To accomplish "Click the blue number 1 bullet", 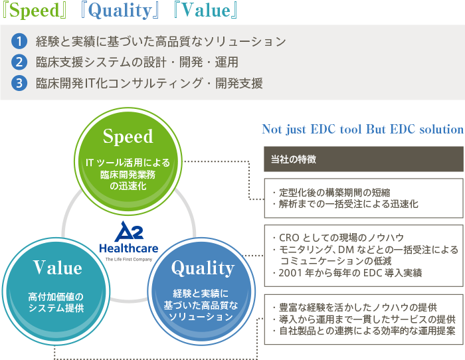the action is click(x=19, y=41).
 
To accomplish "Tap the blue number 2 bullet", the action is click(x=19, y=62).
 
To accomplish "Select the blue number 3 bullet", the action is click(x=19, y=83).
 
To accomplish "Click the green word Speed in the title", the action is click(x=35, y=11).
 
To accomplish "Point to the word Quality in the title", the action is click(x=120, y=11).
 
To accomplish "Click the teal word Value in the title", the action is click(x=206, y=10).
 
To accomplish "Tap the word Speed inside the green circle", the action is click(x=128, y=137).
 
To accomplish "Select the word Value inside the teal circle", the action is click(x=58, y=268).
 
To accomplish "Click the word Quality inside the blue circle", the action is click(x=203, y=268).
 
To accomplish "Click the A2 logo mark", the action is click(x=129, y=231).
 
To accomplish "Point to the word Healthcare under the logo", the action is click(x=129, y=248).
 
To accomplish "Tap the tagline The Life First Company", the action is click(x=129, y=260).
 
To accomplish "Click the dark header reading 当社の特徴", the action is click(x=363, y=159).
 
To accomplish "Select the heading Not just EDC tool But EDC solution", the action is click(x=363, y=130).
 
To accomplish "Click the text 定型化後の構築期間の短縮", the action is click(x=335, y=193).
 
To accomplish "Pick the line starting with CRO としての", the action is click(x=341, y=238).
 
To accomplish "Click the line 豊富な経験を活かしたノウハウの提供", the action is click(x=358, y=308).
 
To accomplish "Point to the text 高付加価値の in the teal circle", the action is click(x=56, y=296).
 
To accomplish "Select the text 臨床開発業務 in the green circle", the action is click(x=128, y=175).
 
